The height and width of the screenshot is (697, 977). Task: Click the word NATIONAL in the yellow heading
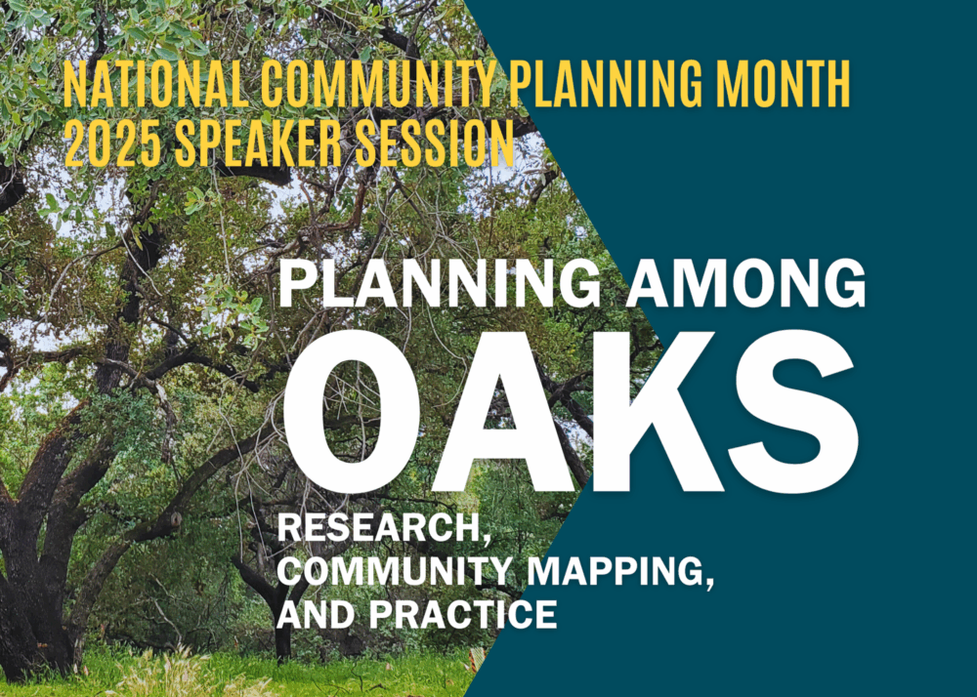pyautogui.click(x=155, y=84)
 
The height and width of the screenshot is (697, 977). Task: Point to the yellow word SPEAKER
pyautogui.click(x=258, y=143)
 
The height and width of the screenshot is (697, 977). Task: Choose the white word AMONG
pyautogui.click(x=745, y=283)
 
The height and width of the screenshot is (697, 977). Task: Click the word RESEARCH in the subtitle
pyautogui.click(x=378, y=527)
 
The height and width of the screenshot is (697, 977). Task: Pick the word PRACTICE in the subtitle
pyautogui.click(x=463, y=614)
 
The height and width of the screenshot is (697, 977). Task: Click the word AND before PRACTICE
pyautogui.click(x=318, y=614)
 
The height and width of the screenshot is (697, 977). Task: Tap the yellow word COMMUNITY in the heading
pyautogui.click(x=378, y=84)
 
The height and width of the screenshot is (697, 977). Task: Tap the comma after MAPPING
pyautogui.click(x=709, y=582)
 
